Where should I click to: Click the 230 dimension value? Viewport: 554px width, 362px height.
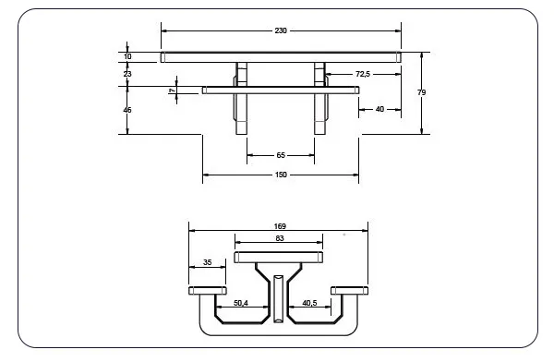pyautogui.click(x=281, y=30)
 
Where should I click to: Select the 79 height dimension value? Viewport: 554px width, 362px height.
pyautogui.click(x=421, y=92)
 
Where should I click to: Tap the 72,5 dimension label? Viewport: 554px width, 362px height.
pyautogui.click(x=363, y=74)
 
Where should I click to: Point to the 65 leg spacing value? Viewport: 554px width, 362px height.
pyautogui.click(x=281, y=155)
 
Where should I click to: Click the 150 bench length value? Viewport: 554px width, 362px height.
pyautogui.click(x=281, y=175)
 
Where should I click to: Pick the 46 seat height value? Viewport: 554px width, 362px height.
pyautogui.click(x=127, y=110)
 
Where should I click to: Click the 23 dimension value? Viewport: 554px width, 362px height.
pyautogui.click(x=127, y=74)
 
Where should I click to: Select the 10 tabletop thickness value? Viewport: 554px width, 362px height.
pyautogui.click(x=127, y=56)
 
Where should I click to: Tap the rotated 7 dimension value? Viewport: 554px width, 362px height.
pyautogui.click(x=172, y=90)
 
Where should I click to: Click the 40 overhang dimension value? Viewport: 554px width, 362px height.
pyautogui.click(x=379, y=109)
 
